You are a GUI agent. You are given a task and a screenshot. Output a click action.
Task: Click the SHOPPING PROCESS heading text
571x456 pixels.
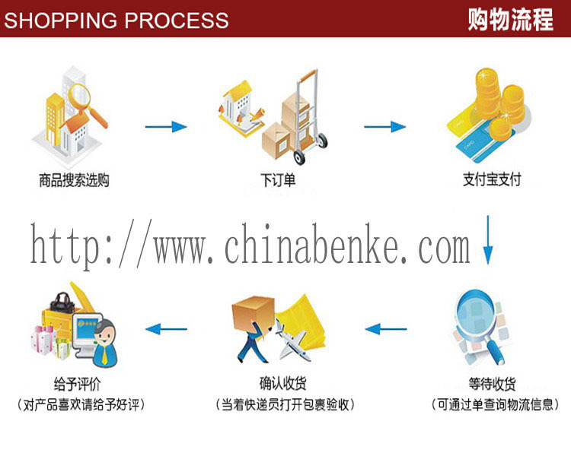point(116,20)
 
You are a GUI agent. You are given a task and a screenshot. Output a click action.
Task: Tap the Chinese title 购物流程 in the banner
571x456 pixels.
point(511,19)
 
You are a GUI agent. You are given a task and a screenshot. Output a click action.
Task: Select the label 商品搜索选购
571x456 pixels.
point(75,180)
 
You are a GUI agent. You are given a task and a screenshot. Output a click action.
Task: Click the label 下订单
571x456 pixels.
point(278,180)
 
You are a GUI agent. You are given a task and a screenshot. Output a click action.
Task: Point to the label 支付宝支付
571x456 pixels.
point(492,179)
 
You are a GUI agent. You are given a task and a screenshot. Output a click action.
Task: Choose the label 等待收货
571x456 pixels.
point(492,384)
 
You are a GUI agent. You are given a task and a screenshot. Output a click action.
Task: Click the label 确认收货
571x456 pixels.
point(283,383)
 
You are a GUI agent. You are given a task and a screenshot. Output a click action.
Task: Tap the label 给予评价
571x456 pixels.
point(77,384)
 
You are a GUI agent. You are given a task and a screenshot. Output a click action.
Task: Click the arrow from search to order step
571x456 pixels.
point(166,127)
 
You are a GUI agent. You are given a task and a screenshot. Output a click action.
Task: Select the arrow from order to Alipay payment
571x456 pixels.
point(385,127)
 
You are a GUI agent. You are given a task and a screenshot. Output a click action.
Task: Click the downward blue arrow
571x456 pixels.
point(488,240)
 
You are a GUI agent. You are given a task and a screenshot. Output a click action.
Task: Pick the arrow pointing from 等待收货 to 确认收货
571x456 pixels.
point(386,329)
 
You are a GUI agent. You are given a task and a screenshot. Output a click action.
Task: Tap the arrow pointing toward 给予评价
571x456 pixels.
point(166,329)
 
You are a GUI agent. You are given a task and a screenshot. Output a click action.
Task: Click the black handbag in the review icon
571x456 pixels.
point(62,303)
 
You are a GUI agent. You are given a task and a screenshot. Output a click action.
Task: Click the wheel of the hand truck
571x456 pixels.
point(299,157)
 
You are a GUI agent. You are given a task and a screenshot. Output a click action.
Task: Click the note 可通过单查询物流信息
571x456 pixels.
point(496,405)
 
